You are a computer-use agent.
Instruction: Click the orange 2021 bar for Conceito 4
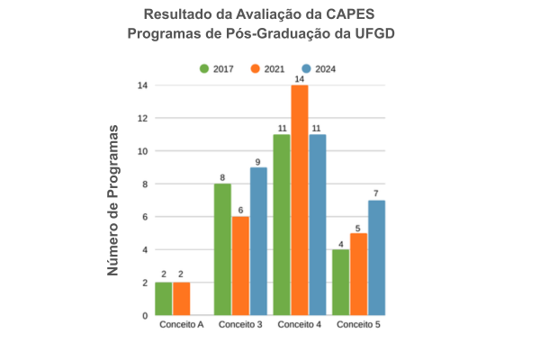click(300, 200)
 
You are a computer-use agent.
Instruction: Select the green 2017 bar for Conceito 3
click(222, 249)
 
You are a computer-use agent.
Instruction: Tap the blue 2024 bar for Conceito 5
click(376, 257)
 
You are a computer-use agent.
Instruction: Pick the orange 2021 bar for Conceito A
click(181, 299)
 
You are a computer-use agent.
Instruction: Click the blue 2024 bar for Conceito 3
click(258, 241)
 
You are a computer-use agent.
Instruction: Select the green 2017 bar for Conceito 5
click(340, 282)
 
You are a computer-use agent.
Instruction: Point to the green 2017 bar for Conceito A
click(163, 299)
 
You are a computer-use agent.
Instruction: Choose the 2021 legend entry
click(267, 69)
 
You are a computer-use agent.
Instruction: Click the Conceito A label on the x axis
click(181, 324)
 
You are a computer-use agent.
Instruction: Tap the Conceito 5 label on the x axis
click(358, 324)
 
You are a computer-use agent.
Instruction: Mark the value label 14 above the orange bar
click(300, 78)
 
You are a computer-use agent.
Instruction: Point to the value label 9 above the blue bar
click(258, 161)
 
